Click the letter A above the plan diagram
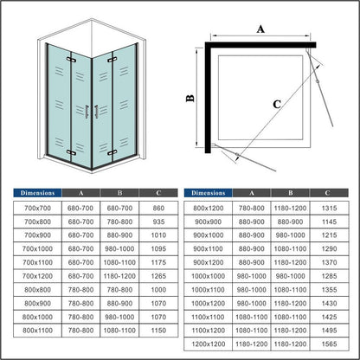(x=260, y=29)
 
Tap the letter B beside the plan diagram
(x=190, y=99)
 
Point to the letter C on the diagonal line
(x=277, y=104)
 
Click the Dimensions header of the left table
(x=37, y=193)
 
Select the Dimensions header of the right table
(x=209, y=193)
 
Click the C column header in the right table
(x=327, y=193)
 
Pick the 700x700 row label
(x=37, y=208)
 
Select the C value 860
(x=158, y=208)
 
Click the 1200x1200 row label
(x=209, y=344)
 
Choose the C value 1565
(x=329, y=344)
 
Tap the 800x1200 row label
(x=209, y=208)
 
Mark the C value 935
(x=158, y=222)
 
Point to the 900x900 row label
(x=209, y=222)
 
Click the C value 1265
(x=158, y=276)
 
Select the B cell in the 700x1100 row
(x=119, y=262)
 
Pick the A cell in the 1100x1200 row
(x=252, y=331)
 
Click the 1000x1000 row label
(x=209, y=276)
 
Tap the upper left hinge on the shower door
(x=71, y=60)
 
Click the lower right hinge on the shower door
(x=112, y=152)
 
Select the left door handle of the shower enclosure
(x=87, y=112)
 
